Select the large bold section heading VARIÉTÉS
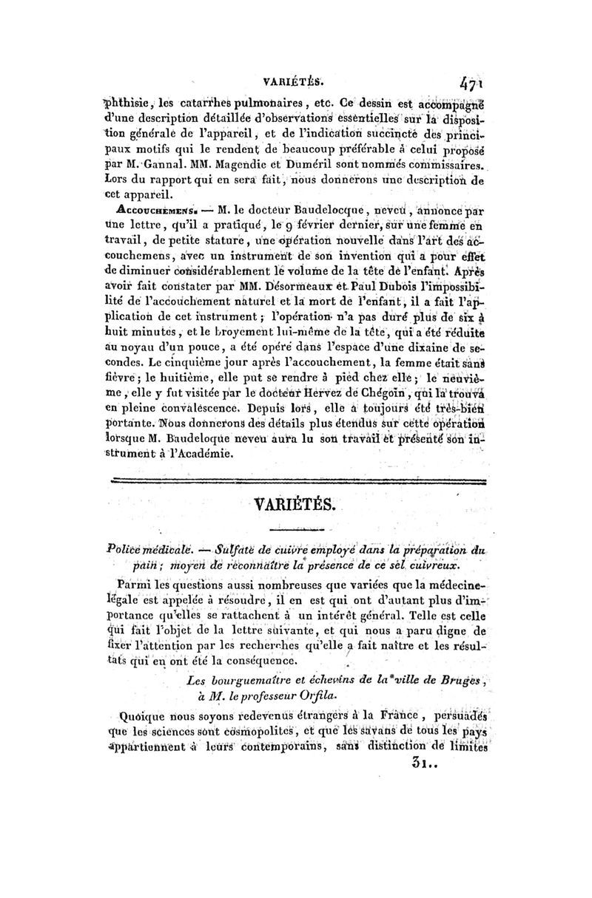(296, 506)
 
